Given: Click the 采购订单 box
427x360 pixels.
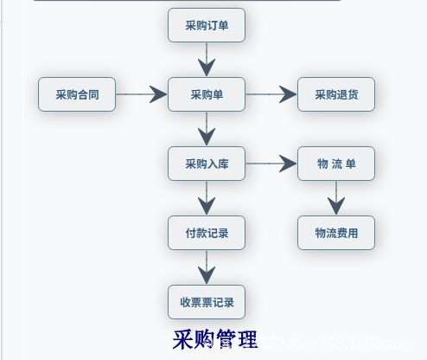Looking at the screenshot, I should coord(207,25).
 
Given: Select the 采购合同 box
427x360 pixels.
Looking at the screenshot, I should coord(77,94).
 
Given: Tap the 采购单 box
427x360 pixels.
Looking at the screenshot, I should coord(207,94).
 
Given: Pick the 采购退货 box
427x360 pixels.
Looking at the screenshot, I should coord(336,94).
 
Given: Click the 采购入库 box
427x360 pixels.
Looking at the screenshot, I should coord(207,164).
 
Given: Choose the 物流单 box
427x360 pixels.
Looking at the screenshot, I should coord(336,164).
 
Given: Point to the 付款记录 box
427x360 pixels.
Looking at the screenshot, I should coord(207,233).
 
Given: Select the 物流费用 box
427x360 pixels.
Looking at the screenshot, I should coord(336,233).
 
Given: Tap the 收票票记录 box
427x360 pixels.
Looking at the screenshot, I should coord(207,302).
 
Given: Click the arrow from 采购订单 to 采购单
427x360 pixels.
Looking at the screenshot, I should coord(207,60).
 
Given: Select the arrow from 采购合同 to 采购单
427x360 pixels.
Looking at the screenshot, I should coord(142,94).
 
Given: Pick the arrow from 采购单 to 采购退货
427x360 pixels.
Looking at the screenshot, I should coord(271,94).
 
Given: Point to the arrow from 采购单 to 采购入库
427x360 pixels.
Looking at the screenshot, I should coord(207,129).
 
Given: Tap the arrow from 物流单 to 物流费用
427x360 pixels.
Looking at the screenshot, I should coord(336,198).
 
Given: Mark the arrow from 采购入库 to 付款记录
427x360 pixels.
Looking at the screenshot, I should coord(207,198).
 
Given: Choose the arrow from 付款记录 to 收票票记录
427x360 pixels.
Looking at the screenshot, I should coord(207,267).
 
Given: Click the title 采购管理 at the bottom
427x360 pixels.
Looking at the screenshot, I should coord(214,339).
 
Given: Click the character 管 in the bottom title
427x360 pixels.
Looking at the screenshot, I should coord(225,339).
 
